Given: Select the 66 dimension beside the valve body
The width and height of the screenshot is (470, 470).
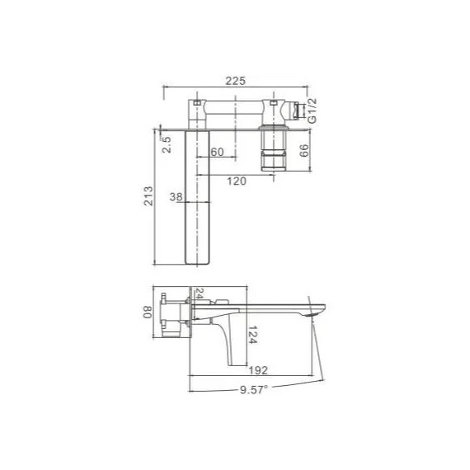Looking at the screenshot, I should point(303,150).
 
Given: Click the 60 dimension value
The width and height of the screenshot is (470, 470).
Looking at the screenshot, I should point(218,153).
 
